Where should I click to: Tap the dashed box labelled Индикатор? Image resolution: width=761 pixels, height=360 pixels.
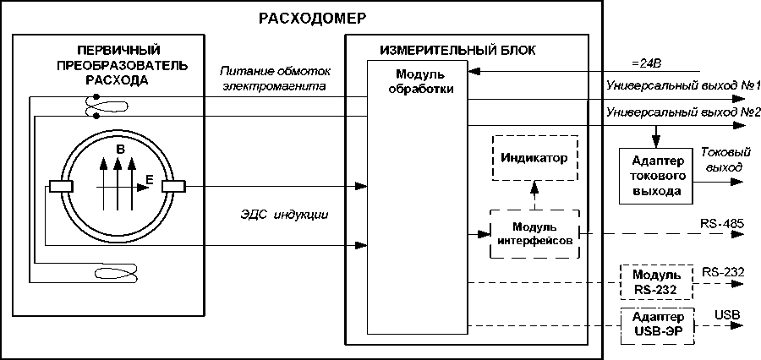[x=534, y=158]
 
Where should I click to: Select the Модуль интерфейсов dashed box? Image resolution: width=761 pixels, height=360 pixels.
[x=534, y=233]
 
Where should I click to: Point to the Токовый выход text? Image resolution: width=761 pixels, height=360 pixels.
[x=721, y=161]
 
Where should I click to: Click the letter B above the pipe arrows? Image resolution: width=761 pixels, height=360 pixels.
[x=120, y=149]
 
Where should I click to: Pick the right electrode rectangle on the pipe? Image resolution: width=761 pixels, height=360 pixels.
[x=173, y=186]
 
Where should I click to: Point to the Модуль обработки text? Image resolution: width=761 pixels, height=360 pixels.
[x=415, y=81]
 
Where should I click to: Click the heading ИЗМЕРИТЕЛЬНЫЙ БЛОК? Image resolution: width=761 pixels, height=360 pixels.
[x=457, y=51]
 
